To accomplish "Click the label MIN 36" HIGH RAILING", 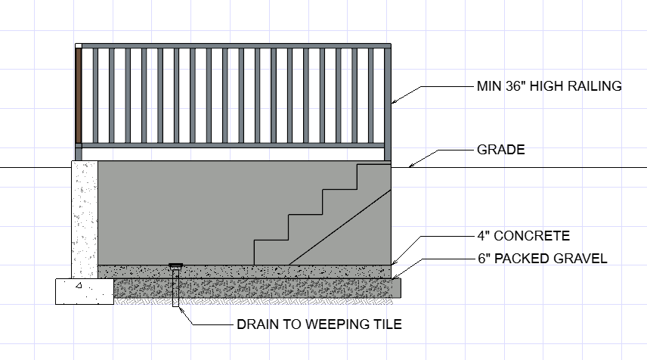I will (x=549, y=86).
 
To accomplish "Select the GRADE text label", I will (x=500, y=150).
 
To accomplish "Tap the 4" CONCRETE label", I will (x=523, y=235).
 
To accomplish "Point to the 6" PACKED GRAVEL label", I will (x=542, y=259).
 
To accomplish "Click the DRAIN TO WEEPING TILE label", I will (x=319, y=325).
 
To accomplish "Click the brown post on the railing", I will (x=78, y=94).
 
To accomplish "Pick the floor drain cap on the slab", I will (x=176, y=265).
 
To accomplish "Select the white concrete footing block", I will (x=84, y=290).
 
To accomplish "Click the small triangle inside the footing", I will (x=79, y=286).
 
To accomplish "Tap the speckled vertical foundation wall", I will (x=85, y=216).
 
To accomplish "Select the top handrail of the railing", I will (x=234, y=46).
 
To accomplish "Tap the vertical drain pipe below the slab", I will (x=176, y=289).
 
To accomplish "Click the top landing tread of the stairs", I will (x=373, y=165).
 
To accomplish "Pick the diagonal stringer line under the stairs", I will (x=340, y=227).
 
